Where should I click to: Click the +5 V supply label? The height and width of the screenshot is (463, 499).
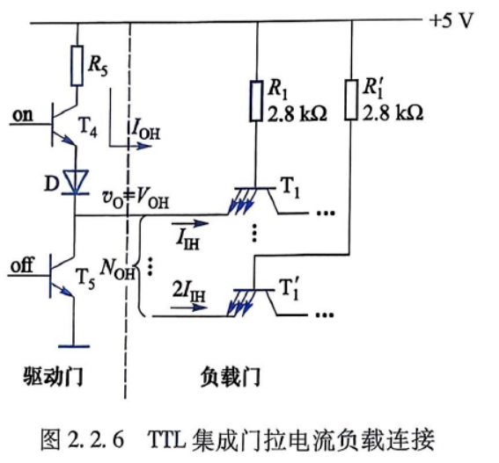451,21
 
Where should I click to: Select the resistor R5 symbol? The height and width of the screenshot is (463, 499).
77,66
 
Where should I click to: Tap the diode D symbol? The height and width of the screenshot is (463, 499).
76,182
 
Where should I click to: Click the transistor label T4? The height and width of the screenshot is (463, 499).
88,127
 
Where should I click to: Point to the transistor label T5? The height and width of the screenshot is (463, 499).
85,279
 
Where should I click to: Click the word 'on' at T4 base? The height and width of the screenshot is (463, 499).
22,115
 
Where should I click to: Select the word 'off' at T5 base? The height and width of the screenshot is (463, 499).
22,265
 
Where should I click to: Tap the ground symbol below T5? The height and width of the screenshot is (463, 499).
74,346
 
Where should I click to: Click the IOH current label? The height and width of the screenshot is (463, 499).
145,131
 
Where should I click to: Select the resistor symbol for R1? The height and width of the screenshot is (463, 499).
256,101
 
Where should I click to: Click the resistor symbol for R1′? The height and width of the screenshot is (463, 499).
351,100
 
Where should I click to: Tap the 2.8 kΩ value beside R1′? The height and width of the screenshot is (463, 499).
393,113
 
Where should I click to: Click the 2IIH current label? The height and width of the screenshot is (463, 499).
188,291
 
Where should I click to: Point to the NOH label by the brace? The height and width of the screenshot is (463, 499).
117,270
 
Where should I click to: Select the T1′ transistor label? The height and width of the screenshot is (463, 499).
289,288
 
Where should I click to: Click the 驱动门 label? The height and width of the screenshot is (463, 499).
53,377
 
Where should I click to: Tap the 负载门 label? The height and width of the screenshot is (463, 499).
231,377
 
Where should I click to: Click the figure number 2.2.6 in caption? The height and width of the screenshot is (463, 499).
95,440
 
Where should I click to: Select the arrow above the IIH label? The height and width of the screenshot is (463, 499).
190,224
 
